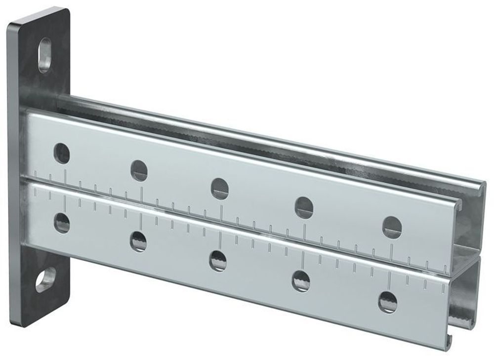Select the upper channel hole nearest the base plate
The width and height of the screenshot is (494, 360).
(x=62, y=153)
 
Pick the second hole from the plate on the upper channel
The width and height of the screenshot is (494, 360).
(x=139, y=170)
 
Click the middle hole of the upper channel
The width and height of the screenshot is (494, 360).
(x=220, y=188)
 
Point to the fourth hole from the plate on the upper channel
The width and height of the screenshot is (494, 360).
(x=304, y=206)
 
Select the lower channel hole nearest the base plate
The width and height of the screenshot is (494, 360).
(x=62, y=223)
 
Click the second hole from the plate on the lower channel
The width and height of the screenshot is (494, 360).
(x=139, y=241)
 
